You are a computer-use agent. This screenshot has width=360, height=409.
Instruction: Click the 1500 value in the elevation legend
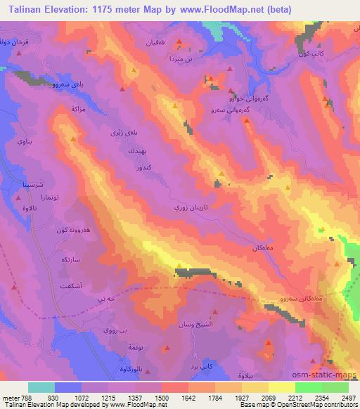(x=148, y=397)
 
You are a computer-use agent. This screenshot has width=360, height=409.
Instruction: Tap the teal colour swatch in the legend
(x=41, y=387)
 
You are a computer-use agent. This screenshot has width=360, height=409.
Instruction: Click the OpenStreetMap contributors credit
(x=317, y=405)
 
